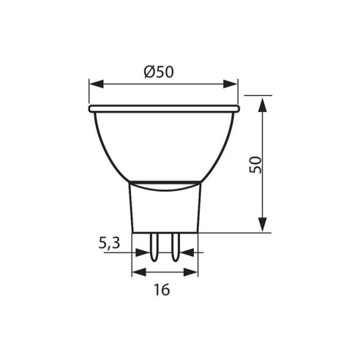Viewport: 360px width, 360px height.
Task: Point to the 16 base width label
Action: pos(162,290)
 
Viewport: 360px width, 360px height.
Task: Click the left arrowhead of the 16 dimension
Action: pos(135,273)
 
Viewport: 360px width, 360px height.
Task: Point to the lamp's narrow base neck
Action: pos(165,209)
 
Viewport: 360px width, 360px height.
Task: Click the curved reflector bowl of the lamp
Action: pos(164,146)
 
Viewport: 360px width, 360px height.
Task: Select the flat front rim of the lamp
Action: pos(164,108)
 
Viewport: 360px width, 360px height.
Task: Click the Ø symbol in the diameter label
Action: pos(149,72)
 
